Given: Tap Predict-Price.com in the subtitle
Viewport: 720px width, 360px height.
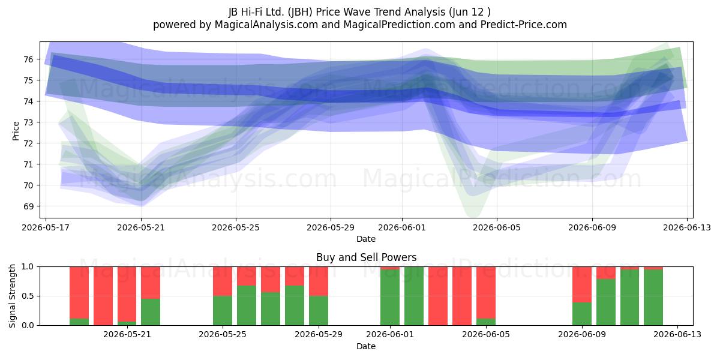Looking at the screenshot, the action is click(x=524, y=25).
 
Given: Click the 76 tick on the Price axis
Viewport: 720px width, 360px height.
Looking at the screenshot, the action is click(x=28, y=59).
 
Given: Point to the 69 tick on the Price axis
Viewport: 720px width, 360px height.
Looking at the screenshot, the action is click(x=28, y=206).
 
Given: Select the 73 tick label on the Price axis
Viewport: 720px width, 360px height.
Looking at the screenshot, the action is click(x=28, y=122).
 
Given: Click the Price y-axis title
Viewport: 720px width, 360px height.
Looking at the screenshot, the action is click(x=16, y=131).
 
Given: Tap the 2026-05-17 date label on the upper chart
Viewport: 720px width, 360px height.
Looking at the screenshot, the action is click(x=46, y=227).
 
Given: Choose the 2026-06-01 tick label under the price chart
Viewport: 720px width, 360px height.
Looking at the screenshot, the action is click(x=402, y=227).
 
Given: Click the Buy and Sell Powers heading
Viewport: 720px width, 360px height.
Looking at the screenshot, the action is click(x=366, y=257).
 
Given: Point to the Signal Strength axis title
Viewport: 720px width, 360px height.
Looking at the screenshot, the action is click(x=12, y=296).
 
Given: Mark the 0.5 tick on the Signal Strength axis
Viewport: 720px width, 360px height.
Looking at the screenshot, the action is click(x=28, y=296).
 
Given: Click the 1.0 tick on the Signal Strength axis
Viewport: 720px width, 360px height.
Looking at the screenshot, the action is click(x=28, y=266).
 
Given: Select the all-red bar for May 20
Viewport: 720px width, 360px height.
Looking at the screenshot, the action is click(x=103, y=296).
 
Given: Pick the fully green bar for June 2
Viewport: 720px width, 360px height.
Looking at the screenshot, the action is click(x=414, y=296).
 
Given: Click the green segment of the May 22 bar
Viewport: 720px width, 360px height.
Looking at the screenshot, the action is click(x=151, y=312).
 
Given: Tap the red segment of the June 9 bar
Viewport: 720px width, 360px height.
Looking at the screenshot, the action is click(x=582, y=284).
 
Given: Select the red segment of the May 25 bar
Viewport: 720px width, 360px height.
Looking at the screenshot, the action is click(x=223, y=281).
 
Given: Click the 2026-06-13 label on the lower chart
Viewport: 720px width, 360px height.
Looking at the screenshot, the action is click(x=677, y=335).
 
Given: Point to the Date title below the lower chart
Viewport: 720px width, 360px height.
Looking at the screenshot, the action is click(x=366, y=346).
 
